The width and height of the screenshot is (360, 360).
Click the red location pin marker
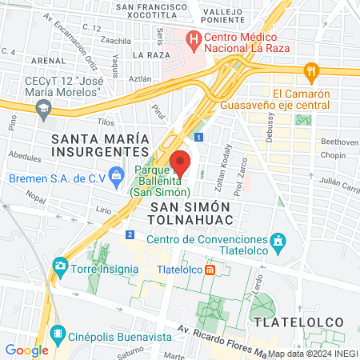click(180, 162)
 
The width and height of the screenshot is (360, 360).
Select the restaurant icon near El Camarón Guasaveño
click(311, 72)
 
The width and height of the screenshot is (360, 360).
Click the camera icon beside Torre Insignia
click(60, 265)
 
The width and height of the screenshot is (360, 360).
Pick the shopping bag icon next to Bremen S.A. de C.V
click(117, 174)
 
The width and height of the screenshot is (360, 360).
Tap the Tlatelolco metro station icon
click(210, 270)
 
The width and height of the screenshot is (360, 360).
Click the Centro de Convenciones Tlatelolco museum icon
click(278, 240)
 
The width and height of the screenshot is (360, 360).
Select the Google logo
click(26, 350)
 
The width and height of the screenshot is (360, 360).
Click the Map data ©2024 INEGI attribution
click(313, 354)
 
